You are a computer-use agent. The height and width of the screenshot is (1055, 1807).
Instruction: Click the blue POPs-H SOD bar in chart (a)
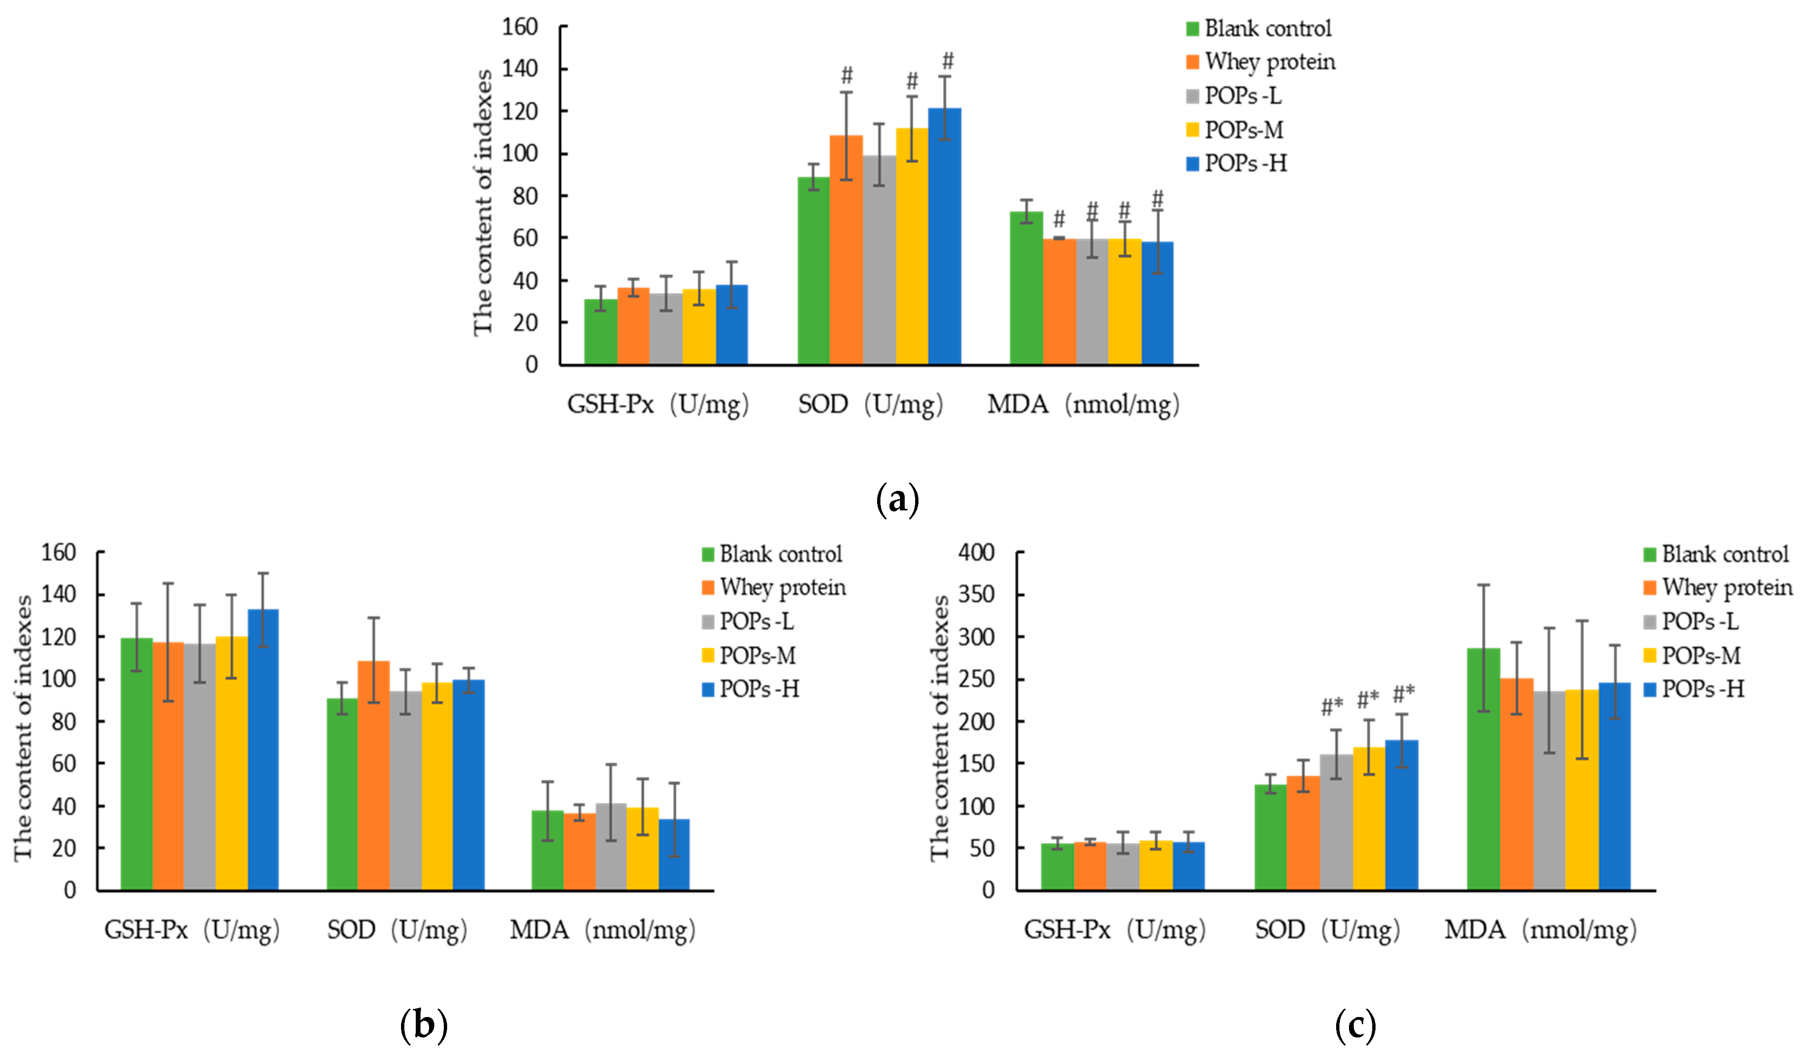click(x=945, y=236)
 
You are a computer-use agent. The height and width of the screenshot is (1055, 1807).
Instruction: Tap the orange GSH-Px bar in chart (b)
click(x=168, y=766)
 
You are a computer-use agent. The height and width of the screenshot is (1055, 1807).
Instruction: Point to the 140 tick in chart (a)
click(x=520, y=69)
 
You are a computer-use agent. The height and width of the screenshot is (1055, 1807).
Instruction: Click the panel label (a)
click(x=897, y=499)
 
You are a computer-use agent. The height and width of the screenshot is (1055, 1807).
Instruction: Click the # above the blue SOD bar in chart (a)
click(x=948, y=60)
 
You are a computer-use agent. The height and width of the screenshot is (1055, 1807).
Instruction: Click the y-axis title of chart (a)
click(x=483, y=202)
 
